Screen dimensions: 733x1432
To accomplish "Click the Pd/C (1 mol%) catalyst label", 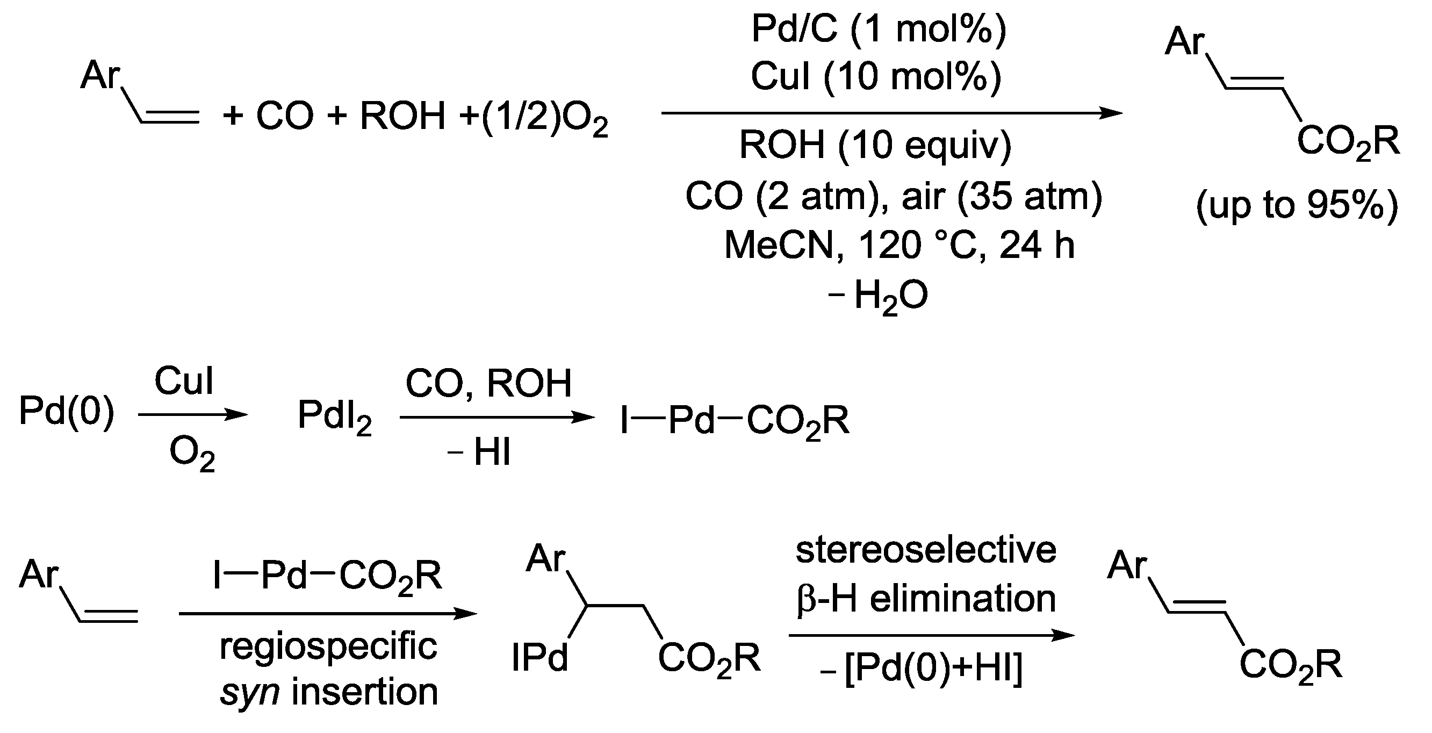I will click(879, 29).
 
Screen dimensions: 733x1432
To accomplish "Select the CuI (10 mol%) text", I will click(876, 76).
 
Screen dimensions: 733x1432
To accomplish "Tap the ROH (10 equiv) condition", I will click(875, 146).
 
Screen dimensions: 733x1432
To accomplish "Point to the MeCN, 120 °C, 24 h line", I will click(899, 245).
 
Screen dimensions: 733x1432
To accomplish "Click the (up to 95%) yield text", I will click(1297, 206).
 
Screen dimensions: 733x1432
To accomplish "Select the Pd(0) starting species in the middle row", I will click(67, 412).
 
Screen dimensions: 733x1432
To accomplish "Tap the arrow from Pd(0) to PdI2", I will click(192, 414).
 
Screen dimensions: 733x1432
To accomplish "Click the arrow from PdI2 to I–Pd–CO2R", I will click(496, 417).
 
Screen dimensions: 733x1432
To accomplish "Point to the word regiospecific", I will click(328, 647).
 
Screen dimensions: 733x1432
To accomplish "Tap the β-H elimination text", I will click(926, 599).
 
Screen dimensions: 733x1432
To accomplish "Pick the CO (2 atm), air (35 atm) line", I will click(894, 196).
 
